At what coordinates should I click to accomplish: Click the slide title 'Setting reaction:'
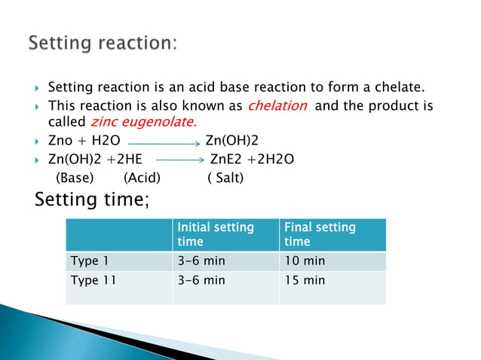[103, 43]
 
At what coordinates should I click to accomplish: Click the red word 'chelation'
[277, 105]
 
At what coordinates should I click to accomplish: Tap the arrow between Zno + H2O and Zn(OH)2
[163, 141]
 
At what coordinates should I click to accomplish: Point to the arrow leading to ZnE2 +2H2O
[180, 159]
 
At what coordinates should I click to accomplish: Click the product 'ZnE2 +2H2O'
[252, 159]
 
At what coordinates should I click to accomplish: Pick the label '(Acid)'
[142, 178]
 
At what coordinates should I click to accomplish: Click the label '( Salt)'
[225, 178]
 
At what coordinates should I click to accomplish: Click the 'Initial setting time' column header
[216, 234]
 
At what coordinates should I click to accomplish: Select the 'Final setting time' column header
[320, 234]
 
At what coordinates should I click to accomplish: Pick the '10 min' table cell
[305, 261]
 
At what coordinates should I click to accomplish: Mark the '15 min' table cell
[305, 280]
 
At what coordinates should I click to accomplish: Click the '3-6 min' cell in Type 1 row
[201, 261]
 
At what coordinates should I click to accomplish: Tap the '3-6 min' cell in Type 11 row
[201, 280]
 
